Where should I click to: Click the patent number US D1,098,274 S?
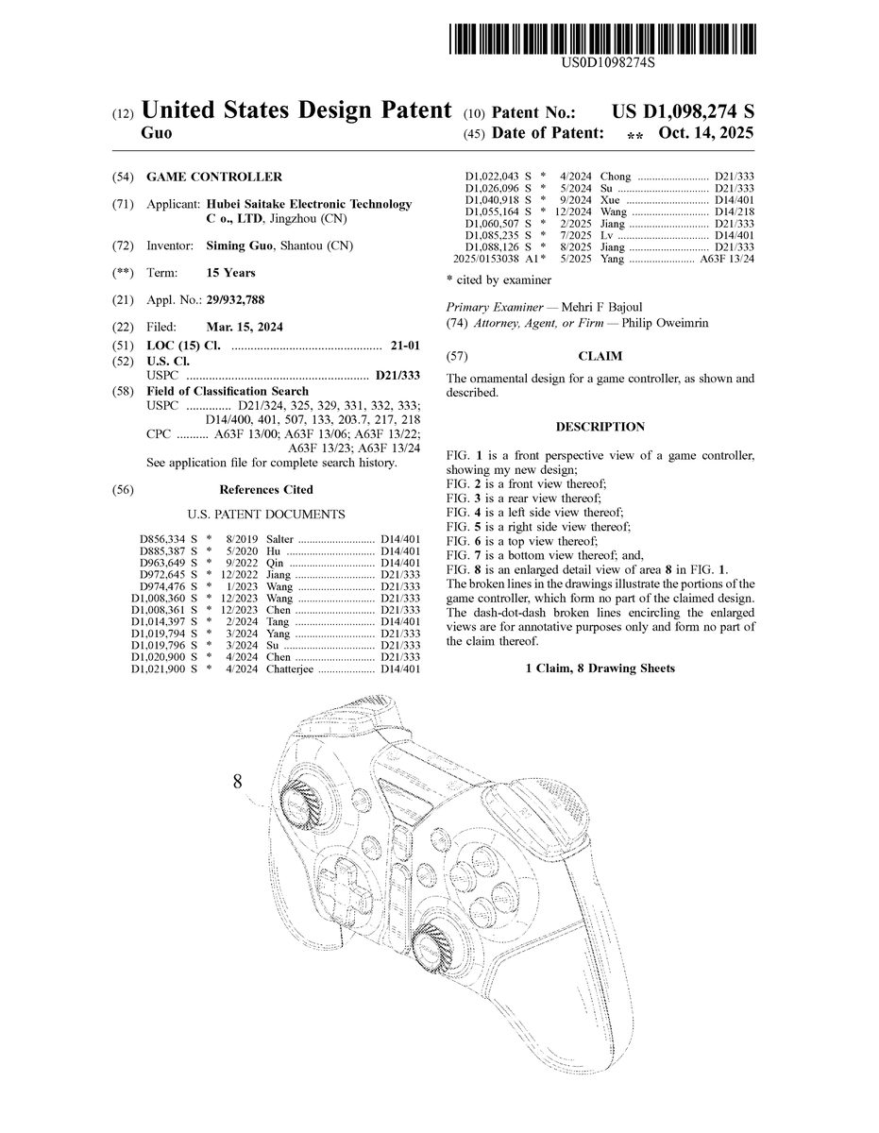(x=683, y=111)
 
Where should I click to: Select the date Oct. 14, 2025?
(x=706, y=134)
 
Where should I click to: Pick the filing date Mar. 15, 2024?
(x=244, y=327)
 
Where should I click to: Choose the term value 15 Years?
(x=230, y=273)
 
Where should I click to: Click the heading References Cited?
(x=266, y=490)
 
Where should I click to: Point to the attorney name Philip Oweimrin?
(x=674, y=324)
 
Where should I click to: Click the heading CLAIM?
(x=600, y=358)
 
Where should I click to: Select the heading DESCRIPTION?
(x=600, y=427)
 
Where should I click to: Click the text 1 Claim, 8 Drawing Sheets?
(x=600, y=668)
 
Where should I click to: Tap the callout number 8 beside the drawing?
(x=237, y=781)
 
